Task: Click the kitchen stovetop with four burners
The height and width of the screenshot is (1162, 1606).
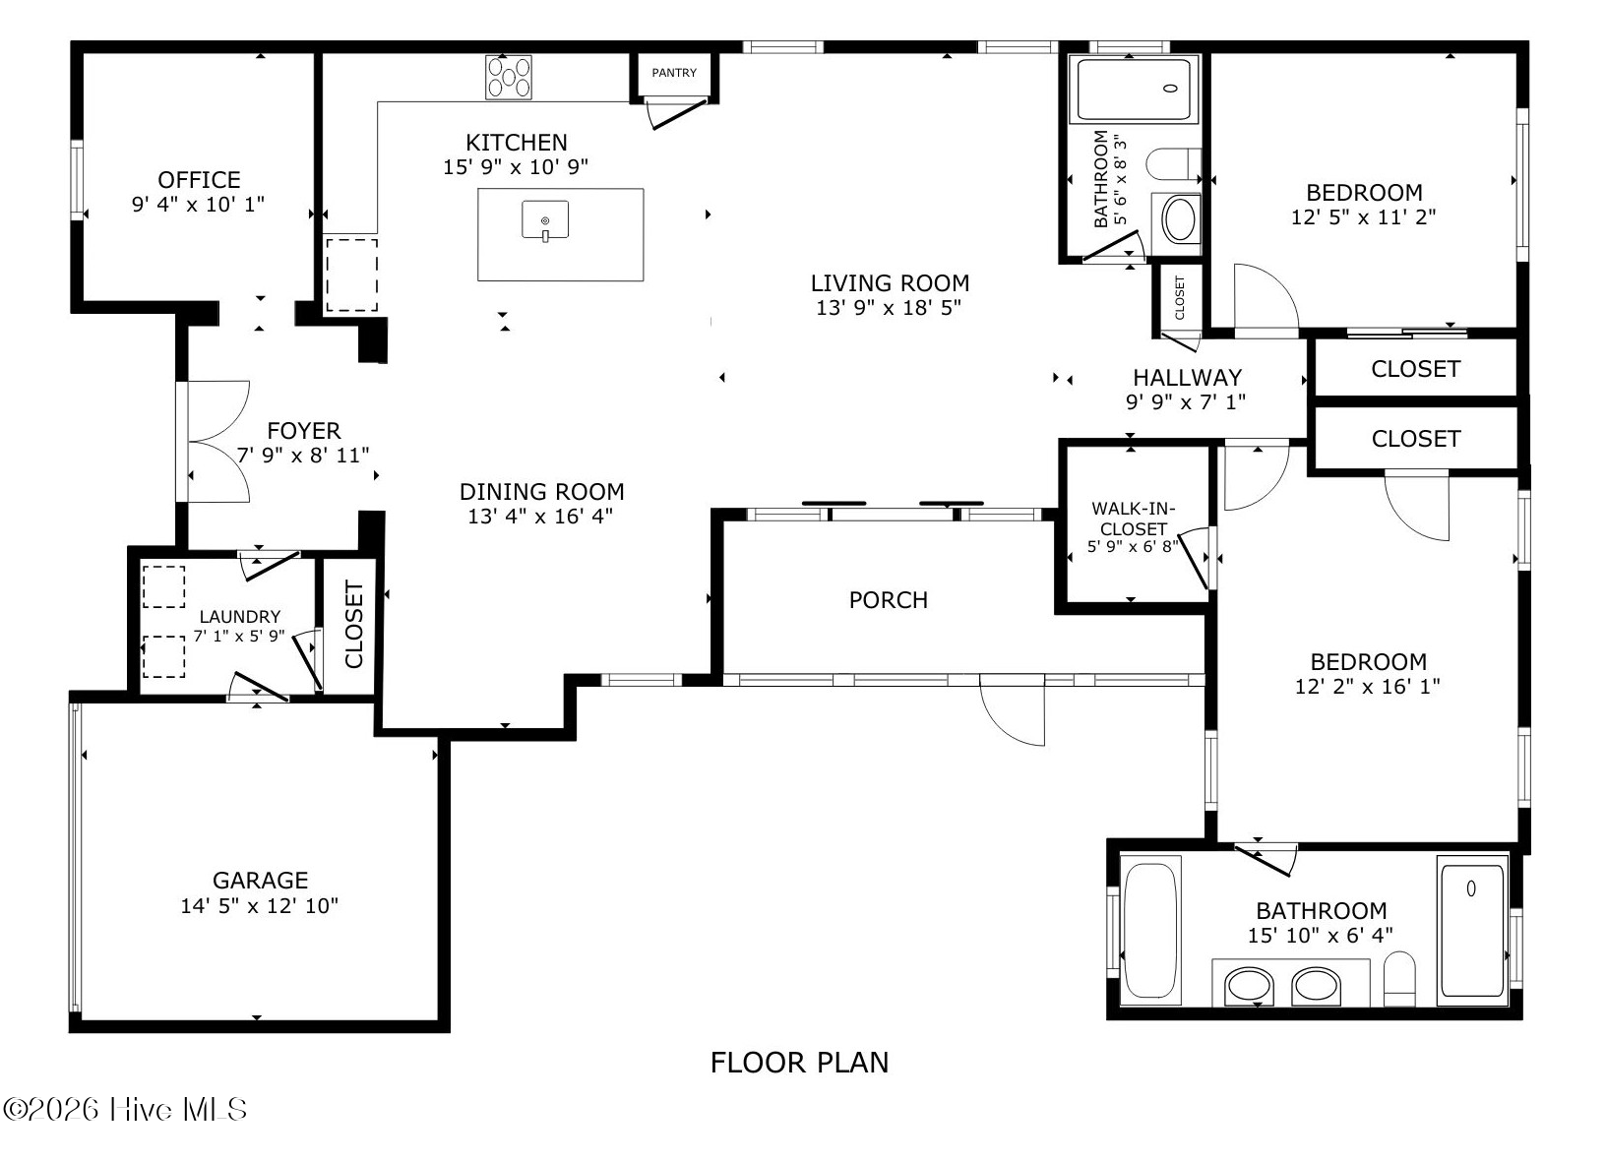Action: pos(509,78)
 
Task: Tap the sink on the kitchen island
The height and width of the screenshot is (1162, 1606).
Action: pos(545,220)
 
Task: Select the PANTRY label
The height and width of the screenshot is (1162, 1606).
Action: pos(674,73)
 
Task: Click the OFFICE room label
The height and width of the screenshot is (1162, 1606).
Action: pos(199,179)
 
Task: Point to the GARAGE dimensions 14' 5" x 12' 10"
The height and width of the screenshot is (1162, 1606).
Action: pos(259,906)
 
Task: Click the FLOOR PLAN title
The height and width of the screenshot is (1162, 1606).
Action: pos(799,1063)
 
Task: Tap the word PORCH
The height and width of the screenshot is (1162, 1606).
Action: pos(889,600)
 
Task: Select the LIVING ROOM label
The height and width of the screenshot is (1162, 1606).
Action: pos(890,283)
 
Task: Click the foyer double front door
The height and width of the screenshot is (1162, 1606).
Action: pos(213,442)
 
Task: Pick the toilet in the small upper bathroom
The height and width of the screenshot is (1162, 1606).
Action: pos(1174,164)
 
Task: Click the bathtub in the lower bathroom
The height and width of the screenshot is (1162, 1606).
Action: pos(1150,931)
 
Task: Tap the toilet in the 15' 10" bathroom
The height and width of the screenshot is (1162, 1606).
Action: pos(1398,978)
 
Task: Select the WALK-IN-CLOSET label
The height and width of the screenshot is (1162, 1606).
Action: pos(1134,519)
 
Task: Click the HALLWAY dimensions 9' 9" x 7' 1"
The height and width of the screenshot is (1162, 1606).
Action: pos(1186,402)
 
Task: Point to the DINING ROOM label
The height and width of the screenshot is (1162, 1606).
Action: pos(541,492)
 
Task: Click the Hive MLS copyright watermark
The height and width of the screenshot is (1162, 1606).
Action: pos(125,1110)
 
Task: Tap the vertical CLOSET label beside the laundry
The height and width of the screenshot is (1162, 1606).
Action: pos(354,625)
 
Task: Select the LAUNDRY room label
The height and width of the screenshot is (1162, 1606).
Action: pos(239,617)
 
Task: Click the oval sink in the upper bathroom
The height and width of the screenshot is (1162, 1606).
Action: pos(1179,220)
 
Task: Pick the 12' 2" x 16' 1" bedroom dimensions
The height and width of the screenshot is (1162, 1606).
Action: pos(1367,687)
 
